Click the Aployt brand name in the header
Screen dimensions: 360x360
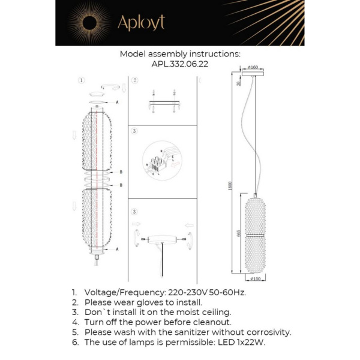click(x=141, y=23)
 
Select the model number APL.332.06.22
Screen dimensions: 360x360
click(x=180, y=65)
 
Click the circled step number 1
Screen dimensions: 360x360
click(x=82, y=80)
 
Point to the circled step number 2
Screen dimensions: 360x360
click(x=135, y=80)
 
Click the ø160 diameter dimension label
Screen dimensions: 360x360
click(x=253, y=68)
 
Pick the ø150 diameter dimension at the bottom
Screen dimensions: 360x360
click(x=256, y=278)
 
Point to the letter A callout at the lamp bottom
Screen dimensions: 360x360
click(x=116, y=248)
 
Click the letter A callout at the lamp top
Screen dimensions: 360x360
click(x=116, y=103)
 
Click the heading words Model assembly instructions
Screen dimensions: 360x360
click(x=180, y=53)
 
